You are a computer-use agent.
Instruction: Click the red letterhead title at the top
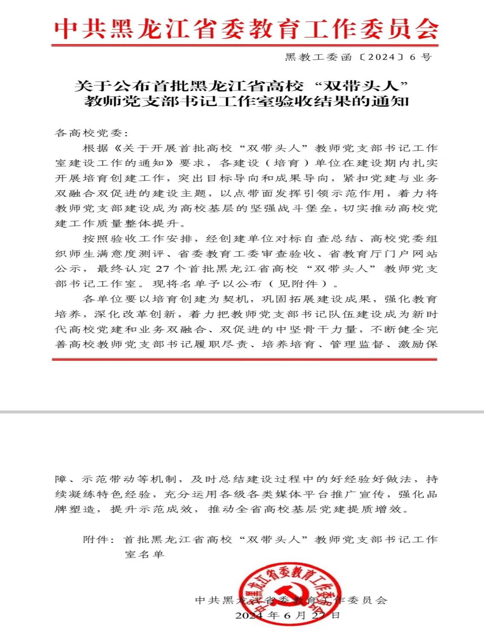(x=246, y=29)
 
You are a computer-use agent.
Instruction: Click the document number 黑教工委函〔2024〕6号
(x=358, y=57)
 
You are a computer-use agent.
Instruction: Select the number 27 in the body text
(x=163, y=269)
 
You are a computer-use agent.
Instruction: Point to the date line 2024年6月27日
(x=288, y=615)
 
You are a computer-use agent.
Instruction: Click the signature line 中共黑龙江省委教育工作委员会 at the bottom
(x=291, y=600)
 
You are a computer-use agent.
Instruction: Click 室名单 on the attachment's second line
(x=145, y=555)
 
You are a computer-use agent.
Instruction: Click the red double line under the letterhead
(x=245, y=45)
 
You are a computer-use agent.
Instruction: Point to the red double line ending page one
(x=245, y=359)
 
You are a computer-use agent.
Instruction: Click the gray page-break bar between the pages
(x=242, y=412)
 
